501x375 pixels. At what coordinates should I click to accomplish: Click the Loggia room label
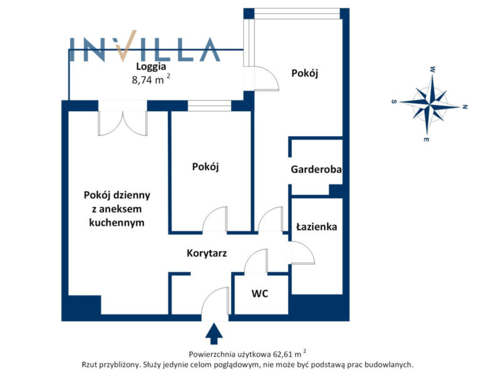coord(151,67)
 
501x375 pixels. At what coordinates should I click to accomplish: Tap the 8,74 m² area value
coord(151,79)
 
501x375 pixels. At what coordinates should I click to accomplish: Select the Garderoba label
coord(316,169)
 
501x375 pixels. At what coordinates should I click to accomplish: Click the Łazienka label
coord(317,227)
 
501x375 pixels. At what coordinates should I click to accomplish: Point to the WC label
coord(260,293)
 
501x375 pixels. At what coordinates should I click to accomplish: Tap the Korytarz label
coord(207,253)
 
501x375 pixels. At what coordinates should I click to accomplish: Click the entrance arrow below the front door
coord(214,334)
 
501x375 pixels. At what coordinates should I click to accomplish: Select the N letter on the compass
coord(465,107)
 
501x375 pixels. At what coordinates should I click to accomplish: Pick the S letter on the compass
coord(394,102)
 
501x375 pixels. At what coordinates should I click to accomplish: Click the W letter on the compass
coord(433,69)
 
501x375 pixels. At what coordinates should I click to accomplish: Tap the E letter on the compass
coord(426,139)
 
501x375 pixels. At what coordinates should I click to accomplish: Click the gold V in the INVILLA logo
coord(126,46)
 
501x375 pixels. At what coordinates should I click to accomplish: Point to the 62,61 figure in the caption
coord(283,354)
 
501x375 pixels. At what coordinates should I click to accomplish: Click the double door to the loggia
coord(123,122)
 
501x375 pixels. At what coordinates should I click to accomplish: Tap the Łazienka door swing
coord(302,253)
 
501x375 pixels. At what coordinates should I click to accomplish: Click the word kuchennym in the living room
coord(116,222)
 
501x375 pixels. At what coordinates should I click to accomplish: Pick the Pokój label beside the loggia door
coord(304,73)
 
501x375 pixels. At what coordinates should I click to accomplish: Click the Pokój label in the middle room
coord(205,167)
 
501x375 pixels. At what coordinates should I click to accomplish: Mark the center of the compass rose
coord(430,104)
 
